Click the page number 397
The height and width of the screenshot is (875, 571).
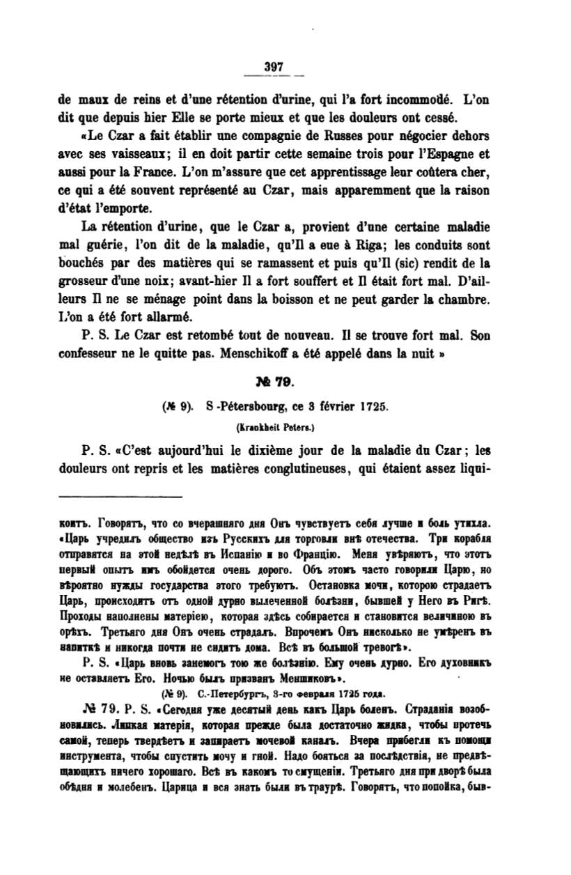(x=274, y=67)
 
